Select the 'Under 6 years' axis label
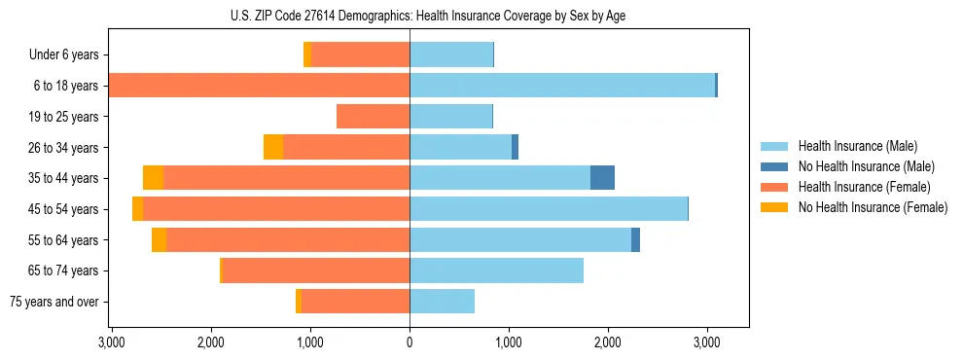coord(63,55)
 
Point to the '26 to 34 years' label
coord(60,148)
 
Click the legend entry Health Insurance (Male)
coord(857,146)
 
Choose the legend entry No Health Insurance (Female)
coord(873,207)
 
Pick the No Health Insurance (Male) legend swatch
coord(775,166)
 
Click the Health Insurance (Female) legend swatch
coord(775,187)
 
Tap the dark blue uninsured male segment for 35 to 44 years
coord(602,178)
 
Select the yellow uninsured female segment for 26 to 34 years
coord(273,147)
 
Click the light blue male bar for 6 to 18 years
coord(562,86)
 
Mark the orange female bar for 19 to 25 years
coord(373,117)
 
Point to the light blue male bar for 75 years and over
coord(442,302)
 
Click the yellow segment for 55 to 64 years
coord(159,240)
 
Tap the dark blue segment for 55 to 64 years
coord(635,240)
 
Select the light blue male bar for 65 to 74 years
coord(496,270)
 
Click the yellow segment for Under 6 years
coord(307,55)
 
